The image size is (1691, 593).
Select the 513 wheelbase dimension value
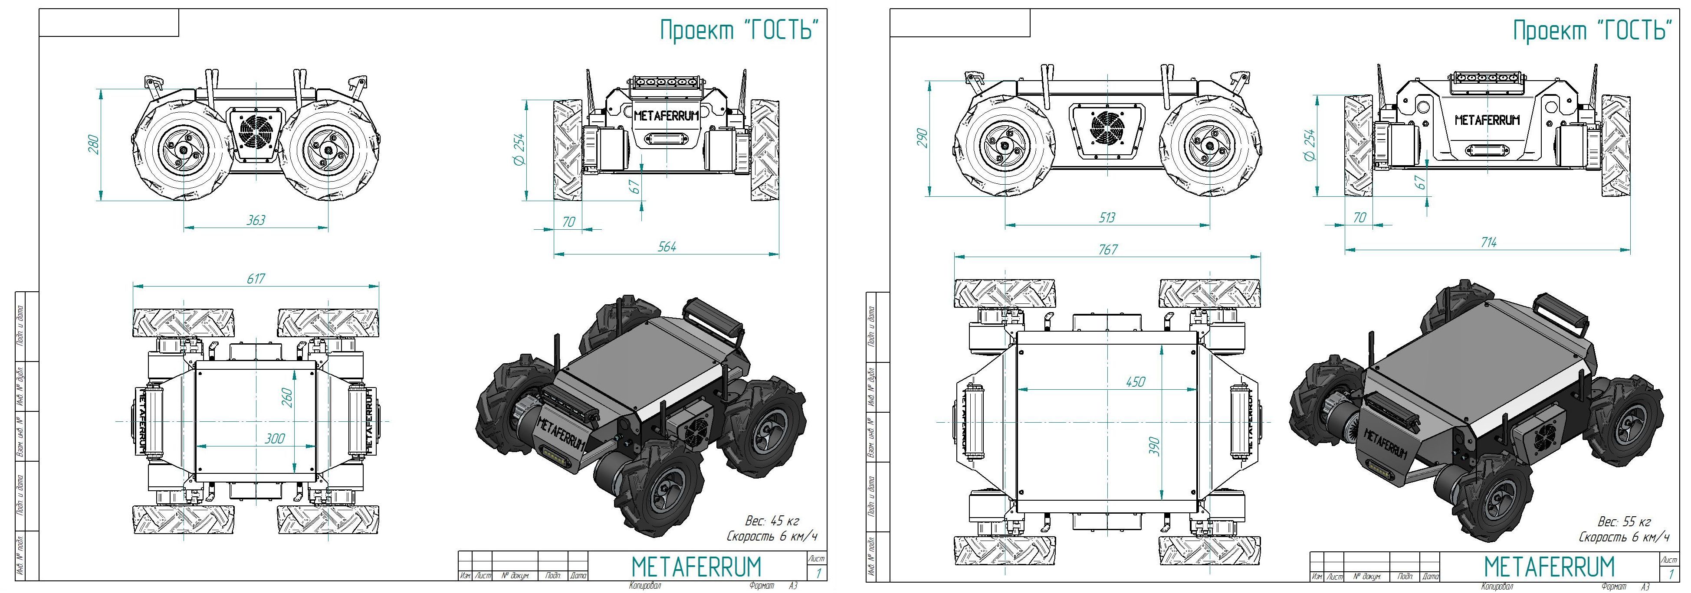pyautogui.click(x=1107, y=217)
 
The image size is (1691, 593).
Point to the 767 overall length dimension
pyautogui.click(x=1107, y=249)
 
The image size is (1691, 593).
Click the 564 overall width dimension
pyautogui.click(x=667, y=247)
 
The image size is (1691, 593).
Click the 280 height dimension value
pyautogui.click(x=93, y=144)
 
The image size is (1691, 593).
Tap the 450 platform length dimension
pyautogui.click(x=1135, y=381)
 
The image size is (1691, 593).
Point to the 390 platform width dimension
pyautogui.click(x=1155, y=446)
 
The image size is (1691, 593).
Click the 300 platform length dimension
pyautogui.click(x=274, y=438)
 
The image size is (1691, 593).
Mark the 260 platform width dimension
pyautogui.click(x=287, y=397)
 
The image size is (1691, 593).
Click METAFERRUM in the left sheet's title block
pyautogui.click(x=696, y=566)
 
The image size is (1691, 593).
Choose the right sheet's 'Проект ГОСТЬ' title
pyautogui.click(x=1592, y=30)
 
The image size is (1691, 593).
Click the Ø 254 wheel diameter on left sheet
pyautogui.click(x=518, y=150)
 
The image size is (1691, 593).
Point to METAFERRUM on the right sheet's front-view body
pyautogui.click(x=1487, y=120)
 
